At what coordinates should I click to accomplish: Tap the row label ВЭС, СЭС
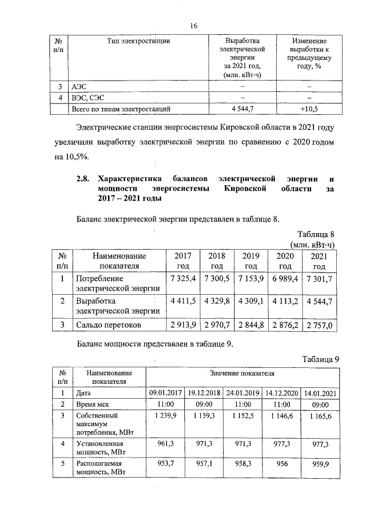coord(87,97)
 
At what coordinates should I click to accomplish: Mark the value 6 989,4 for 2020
coord(284,278)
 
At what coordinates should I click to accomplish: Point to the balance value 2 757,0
coord(319,325)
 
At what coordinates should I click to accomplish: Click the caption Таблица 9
coord(321,359)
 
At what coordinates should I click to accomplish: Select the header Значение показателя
coord(243,372)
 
